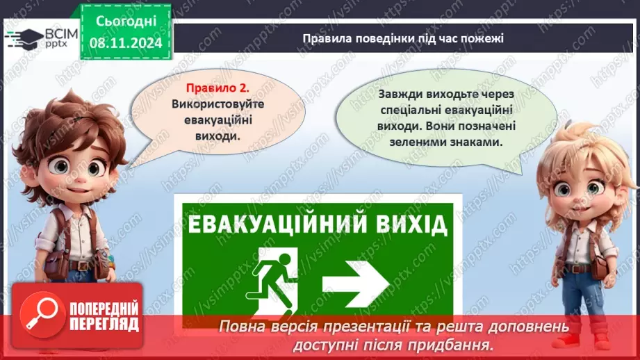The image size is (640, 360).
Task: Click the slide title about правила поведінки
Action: click(x=403, y=38)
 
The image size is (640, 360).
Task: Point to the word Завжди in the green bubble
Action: click(x=396, y=94)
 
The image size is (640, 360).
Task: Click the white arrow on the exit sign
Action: click(x=355, y=279)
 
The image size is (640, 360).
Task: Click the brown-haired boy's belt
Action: click(x=74, y=265)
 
